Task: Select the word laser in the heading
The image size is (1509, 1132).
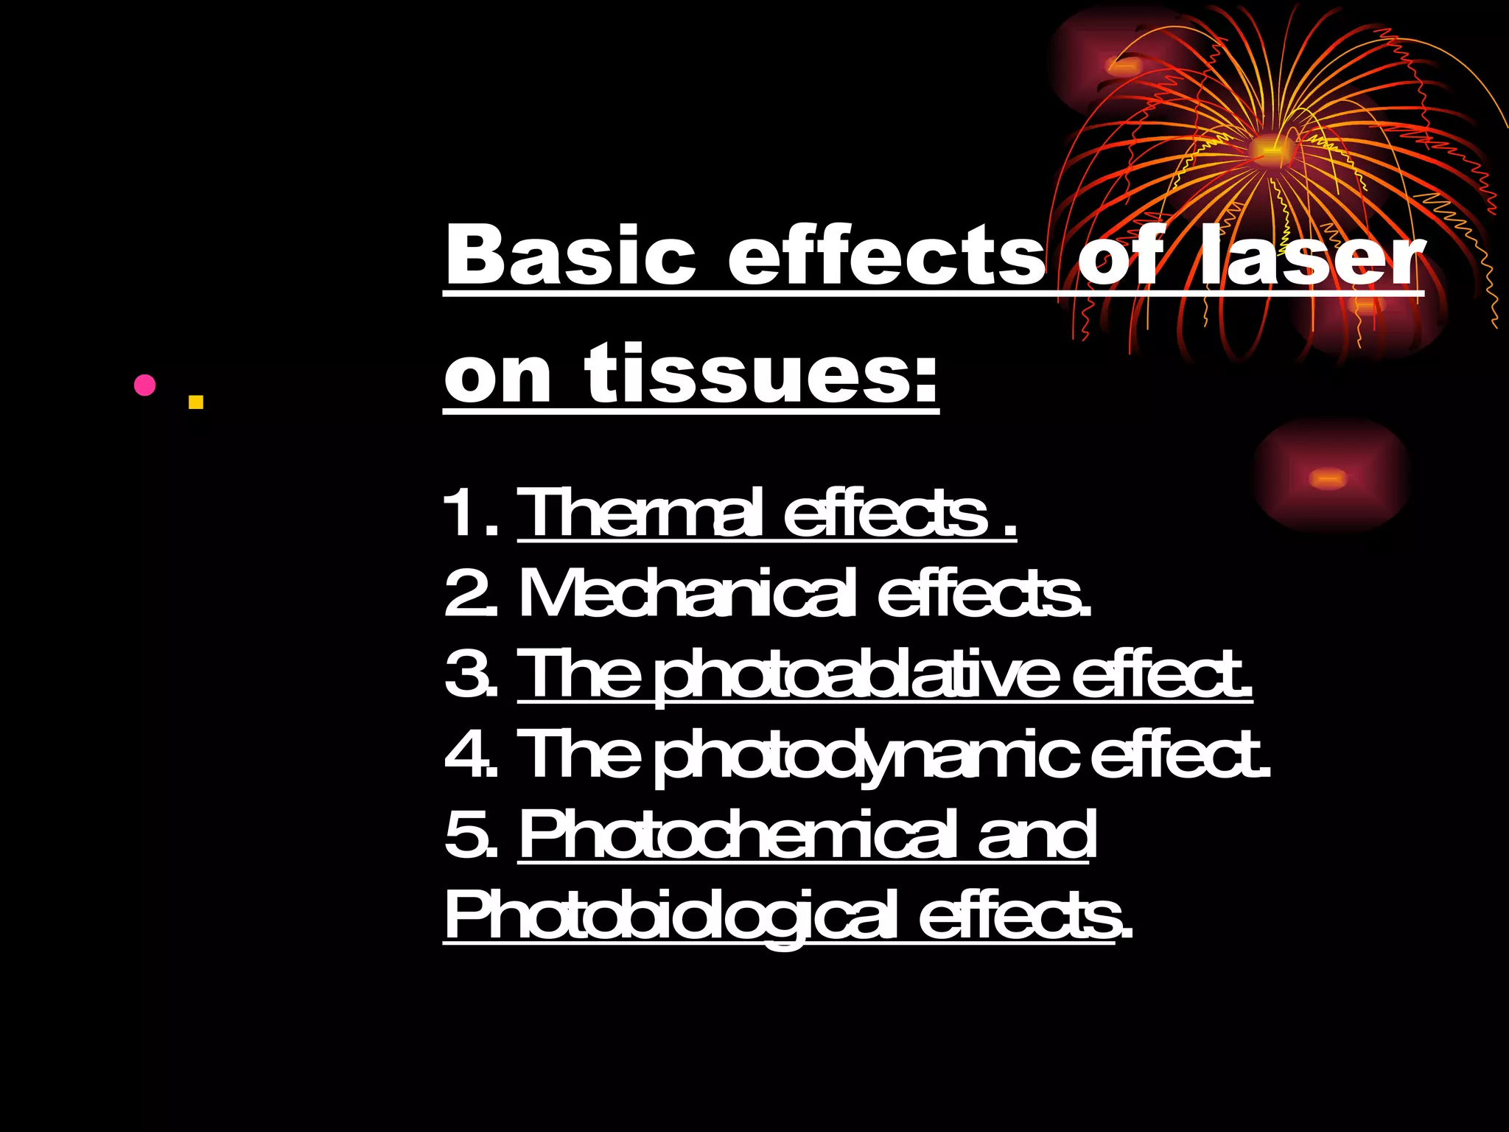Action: point(1312,255)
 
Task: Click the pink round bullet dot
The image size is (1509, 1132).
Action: point(145,385)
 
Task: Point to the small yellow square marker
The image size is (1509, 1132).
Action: point(195,402)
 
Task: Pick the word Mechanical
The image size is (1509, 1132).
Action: point(688,593)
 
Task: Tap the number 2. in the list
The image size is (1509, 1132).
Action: point(472,593)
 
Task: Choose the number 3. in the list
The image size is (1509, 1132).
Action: point(472,674)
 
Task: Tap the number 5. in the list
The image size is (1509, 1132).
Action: point(472,835)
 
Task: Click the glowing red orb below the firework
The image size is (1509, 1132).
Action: point(1329,478)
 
